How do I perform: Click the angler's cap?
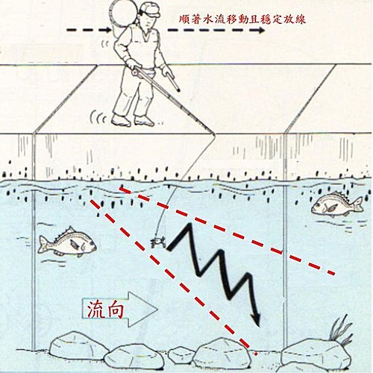click(149, 10)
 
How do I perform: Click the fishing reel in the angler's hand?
click(136, 72)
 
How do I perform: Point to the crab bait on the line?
click(158, 242)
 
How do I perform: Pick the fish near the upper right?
click(337, 204)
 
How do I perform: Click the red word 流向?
click(106, 309)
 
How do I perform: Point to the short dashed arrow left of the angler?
click(88, 30)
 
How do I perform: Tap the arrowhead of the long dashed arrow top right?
click(260, 31)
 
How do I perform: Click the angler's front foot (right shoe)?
click(144, 121)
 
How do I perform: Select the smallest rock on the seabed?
click(181, 354)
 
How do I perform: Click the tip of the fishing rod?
click(214, 134)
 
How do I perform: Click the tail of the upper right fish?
click(358, 204)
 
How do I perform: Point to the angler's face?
click(148, 22)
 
